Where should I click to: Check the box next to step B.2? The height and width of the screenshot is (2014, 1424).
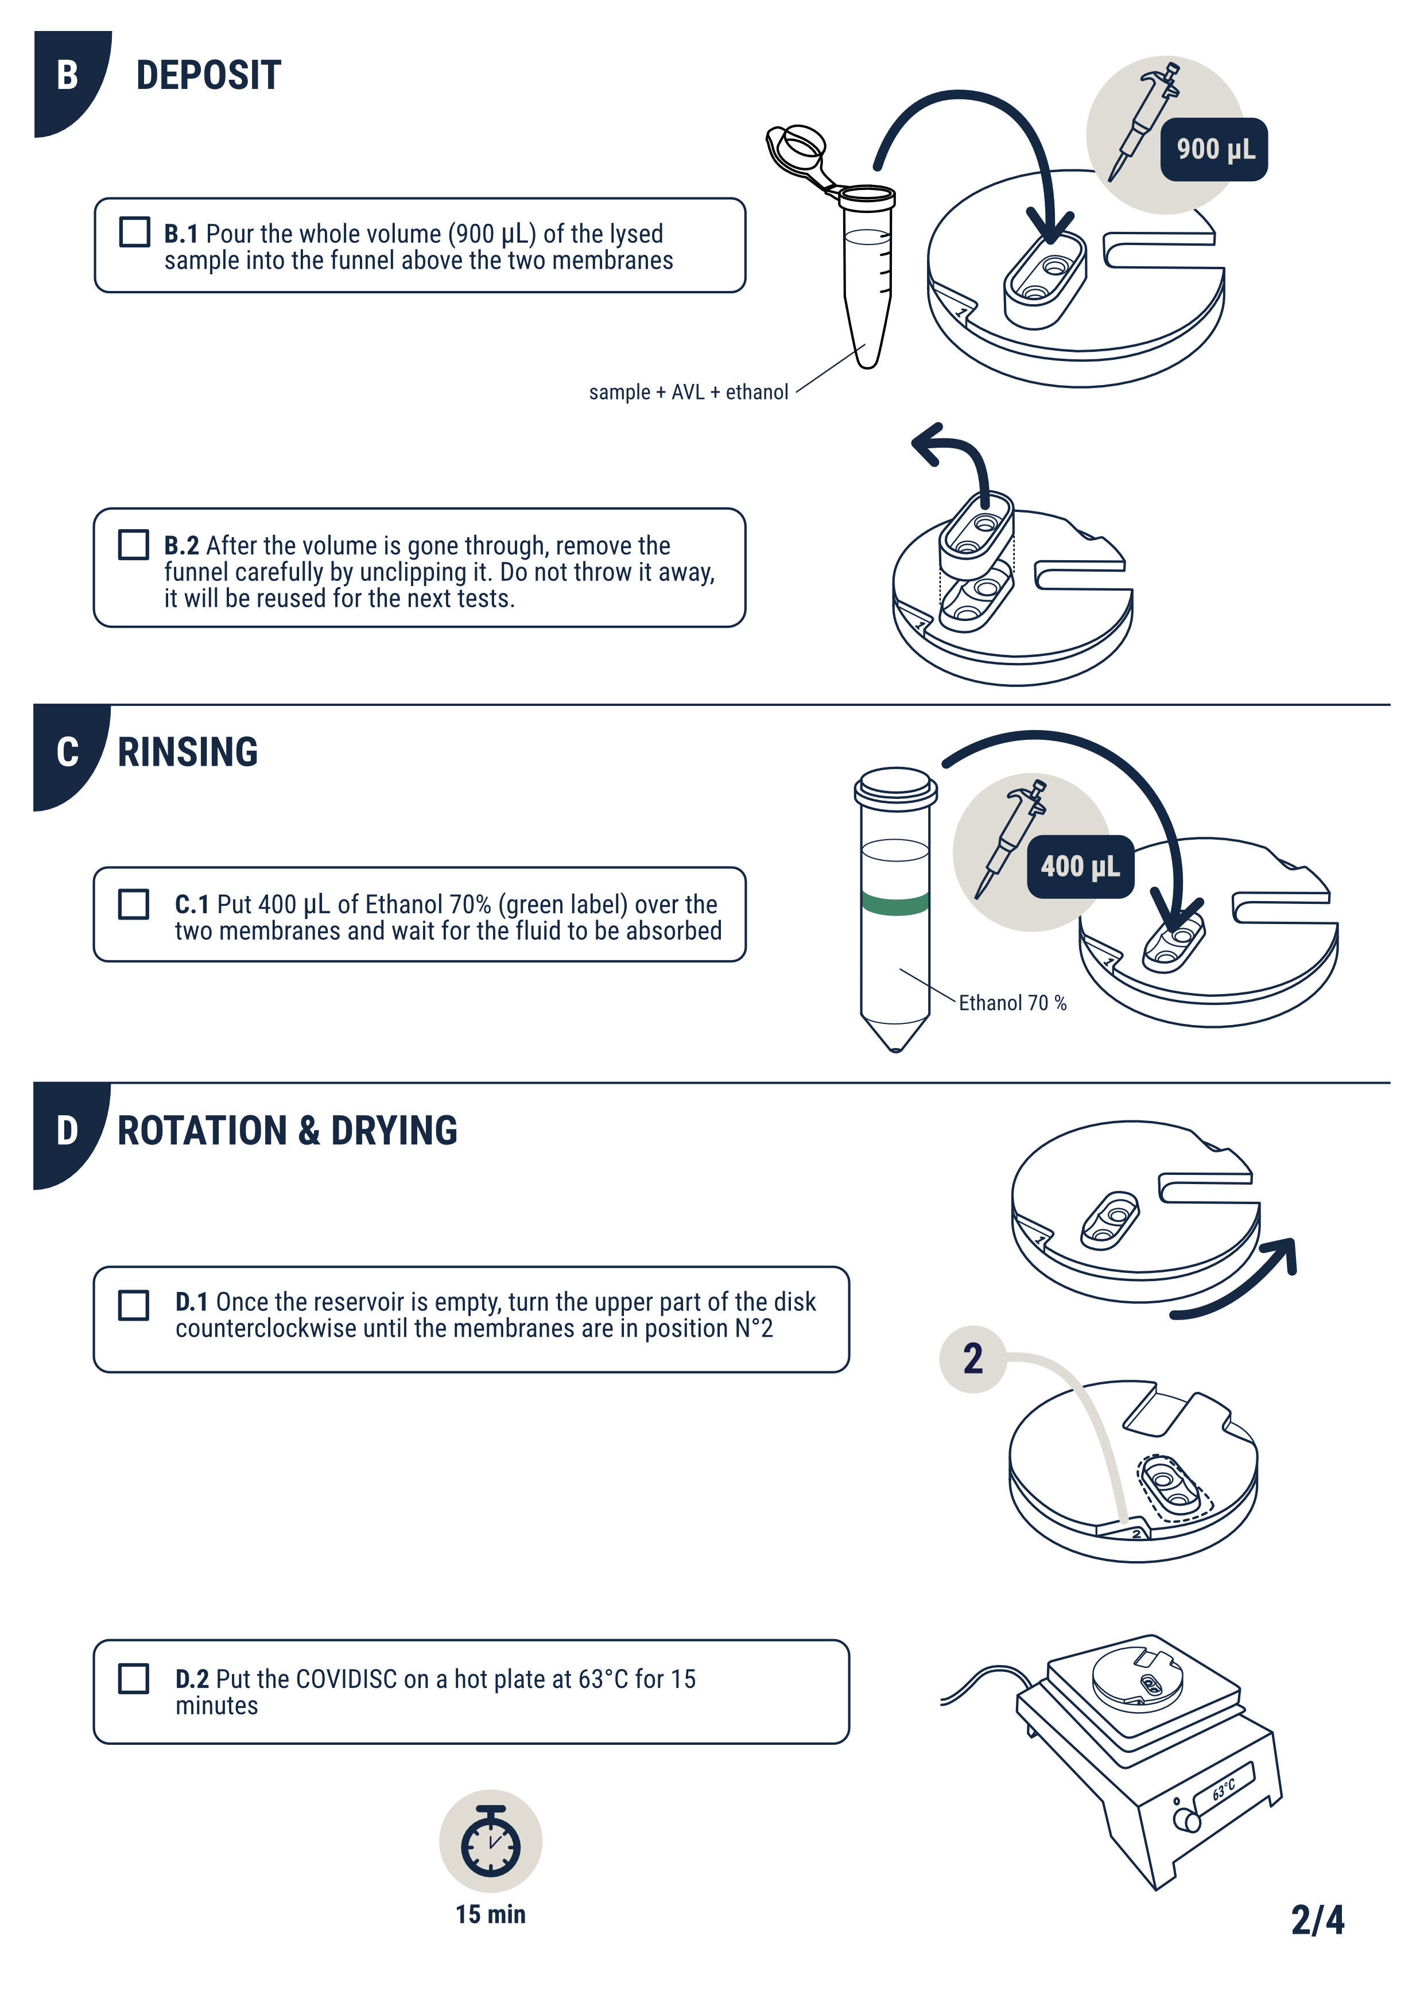(133, 544)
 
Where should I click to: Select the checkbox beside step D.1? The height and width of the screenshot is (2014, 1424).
(133, 1305)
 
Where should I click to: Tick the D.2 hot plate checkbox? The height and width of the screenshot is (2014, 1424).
(133, 1678)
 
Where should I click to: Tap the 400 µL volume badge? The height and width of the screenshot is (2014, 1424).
(1080, 867)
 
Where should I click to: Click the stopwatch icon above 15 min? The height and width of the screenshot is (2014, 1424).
(491, 1841)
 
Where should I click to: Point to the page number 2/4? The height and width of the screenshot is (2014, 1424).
(1317, 1920)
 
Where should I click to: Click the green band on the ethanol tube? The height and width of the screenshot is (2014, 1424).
(895, 903)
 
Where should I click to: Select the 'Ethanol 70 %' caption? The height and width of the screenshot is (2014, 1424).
(1012, 1003)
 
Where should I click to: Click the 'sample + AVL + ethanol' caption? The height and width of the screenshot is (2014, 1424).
(689, 392)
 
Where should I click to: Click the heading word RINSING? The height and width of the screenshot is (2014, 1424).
(188, 752)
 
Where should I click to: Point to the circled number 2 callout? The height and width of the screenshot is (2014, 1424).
(972, 1359)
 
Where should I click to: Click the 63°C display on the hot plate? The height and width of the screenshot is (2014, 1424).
(1224, 1790)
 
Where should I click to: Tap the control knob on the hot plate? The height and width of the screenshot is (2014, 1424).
(1187, 1820)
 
